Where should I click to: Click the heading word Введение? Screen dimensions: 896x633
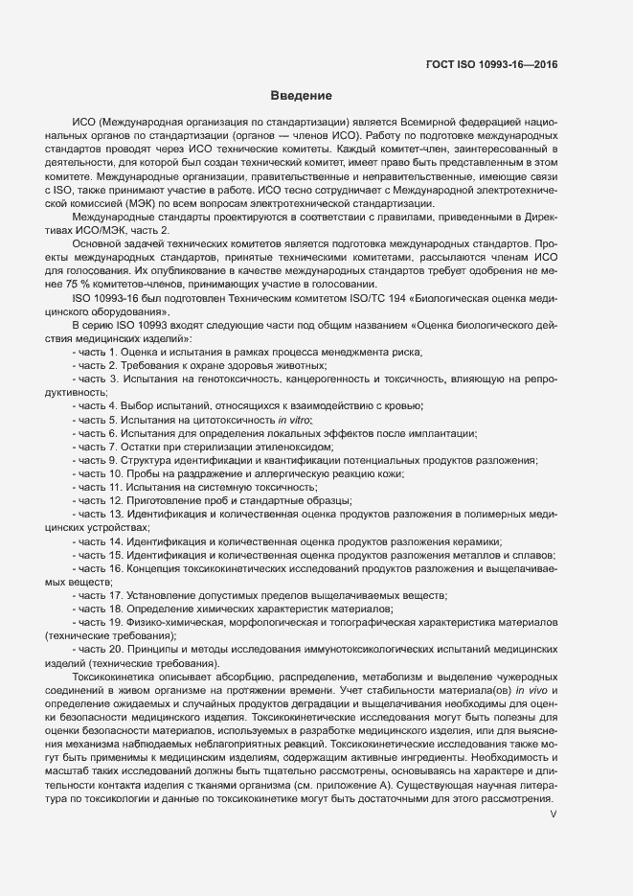coord(301,97)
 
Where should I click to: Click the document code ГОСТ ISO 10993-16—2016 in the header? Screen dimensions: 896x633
coord(490,66)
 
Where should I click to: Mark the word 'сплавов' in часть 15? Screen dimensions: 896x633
coord(526,555)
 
